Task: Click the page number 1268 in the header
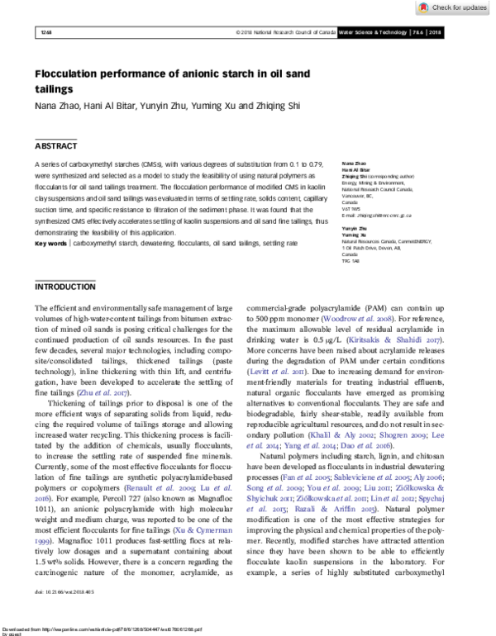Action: (45, 32)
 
